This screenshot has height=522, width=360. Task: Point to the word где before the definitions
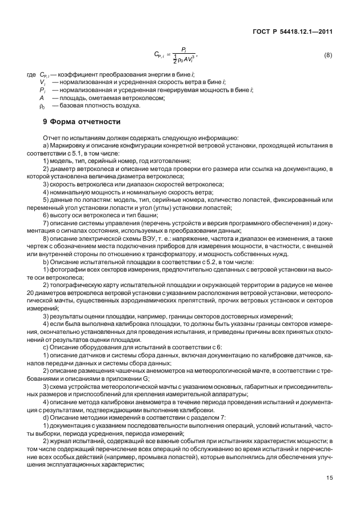31,75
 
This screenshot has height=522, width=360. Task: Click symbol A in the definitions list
42,98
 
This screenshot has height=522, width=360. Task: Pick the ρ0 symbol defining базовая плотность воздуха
42,106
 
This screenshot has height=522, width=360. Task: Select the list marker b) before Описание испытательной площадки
46,262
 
